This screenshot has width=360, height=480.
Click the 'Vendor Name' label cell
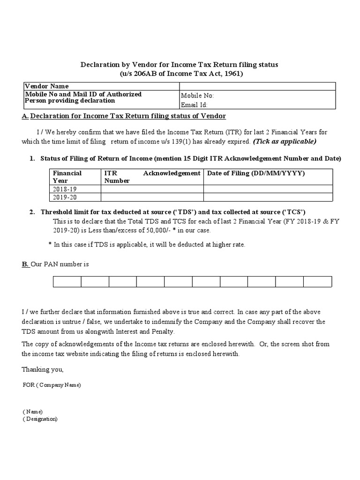click(x=47, y=86)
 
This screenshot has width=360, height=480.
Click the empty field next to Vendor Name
click(x=257, y=86)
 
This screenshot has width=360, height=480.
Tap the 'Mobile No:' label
click(x=197, y=96)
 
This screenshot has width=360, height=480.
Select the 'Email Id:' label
click(x=194, y=105)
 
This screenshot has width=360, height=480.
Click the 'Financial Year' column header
click(x=67, y=177)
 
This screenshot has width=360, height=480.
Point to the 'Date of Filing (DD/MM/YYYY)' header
click(x=256, y=173)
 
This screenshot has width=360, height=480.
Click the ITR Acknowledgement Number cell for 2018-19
click(x=152, y=189)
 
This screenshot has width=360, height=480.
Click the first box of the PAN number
click(x=67, y=281)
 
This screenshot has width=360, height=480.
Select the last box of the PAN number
click(x=317, y=281)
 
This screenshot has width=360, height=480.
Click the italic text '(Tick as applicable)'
click(x=285, y=142)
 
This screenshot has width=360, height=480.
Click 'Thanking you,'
click(x=42, y=370)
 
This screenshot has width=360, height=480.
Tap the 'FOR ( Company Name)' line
click(x=52, y=385)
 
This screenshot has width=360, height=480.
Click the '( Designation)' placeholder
click(x=40, y=419)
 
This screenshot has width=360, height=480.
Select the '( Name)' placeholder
click(x=32, y=412)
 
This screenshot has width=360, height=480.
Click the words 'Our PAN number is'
click(x=60, y=264)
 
